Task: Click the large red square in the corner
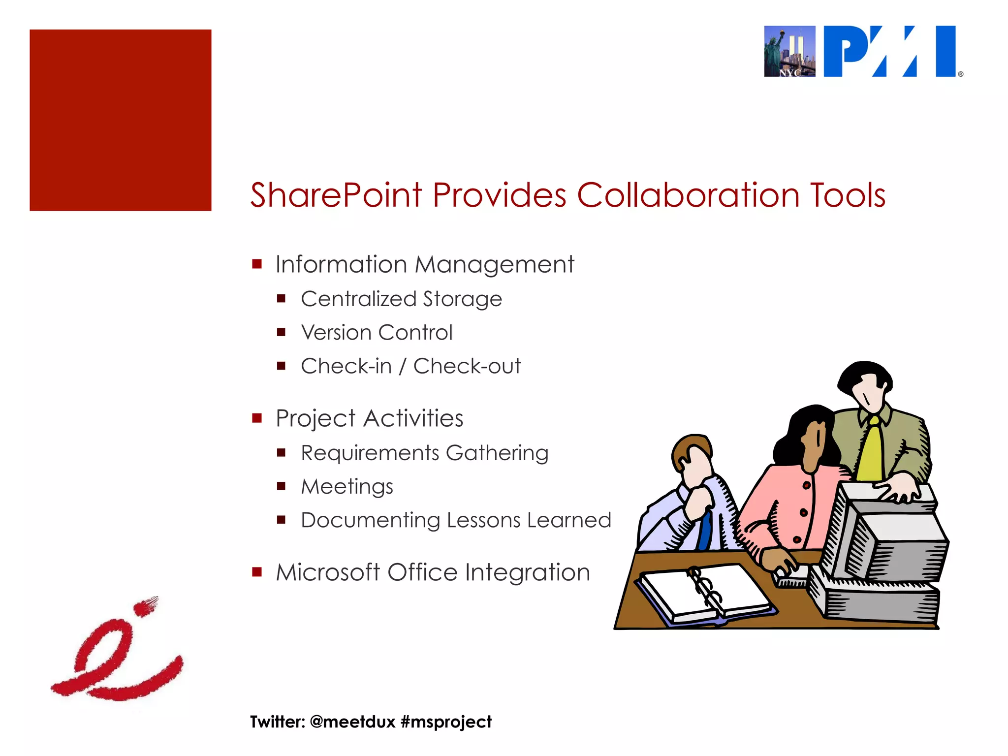[121, 120]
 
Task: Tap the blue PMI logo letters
[890, 52]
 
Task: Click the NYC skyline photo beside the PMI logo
[789, 52]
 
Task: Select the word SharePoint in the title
[336, 195]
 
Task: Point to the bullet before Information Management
[256, 264]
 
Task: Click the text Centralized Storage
[401, 299]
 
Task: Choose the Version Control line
[377, 333]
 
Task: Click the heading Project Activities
[369, 419]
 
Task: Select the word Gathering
[497, 453]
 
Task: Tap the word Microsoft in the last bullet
[328, 572]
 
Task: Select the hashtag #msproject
[446, 722]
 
